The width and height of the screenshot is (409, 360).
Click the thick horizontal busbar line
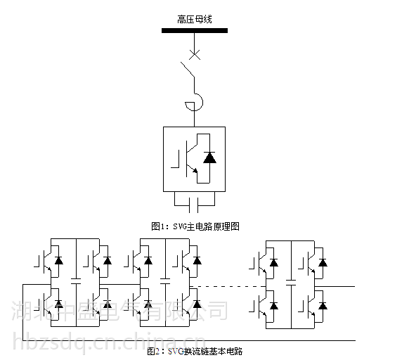(194, 31)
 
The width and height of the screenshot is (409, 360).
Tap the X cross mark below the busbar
(195, 54)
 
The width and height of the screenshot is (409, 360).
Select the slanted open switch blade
(188, 70)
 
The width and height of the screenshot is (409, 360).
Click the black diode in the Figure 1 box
(209, 157)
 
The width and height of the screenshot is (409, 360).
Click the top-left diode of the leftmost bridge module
(58, 261)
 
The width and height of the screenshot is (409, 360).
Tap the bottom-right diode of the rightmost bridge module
(323, 305)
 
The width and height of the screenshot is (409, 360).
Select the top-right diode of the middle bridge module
(197, 261)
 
